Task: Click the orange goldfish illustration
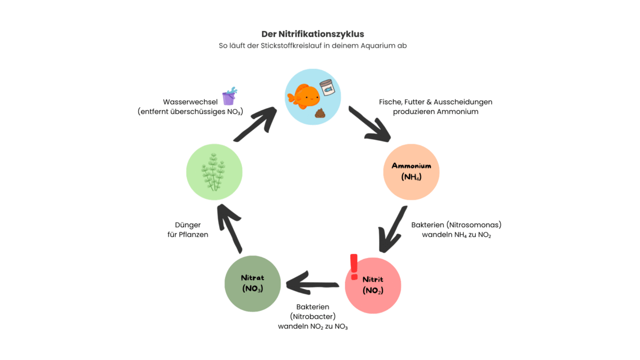[303, 95]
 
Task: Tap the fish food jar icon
[326, 87]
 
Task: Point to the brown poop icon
[321, 113]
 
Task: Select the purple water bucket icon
[230, 96]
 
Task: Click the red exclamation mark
[354, 266]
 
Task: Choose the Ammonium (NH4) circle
[411, 171]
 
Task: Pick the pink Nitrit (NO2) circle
[373, 285]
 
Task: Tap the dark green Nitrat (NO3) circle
[252, 283]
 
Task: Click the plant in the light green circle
[214, 172]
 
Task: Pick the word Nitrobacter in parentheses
[313, 316]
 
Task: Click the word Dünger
[188, 225]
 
